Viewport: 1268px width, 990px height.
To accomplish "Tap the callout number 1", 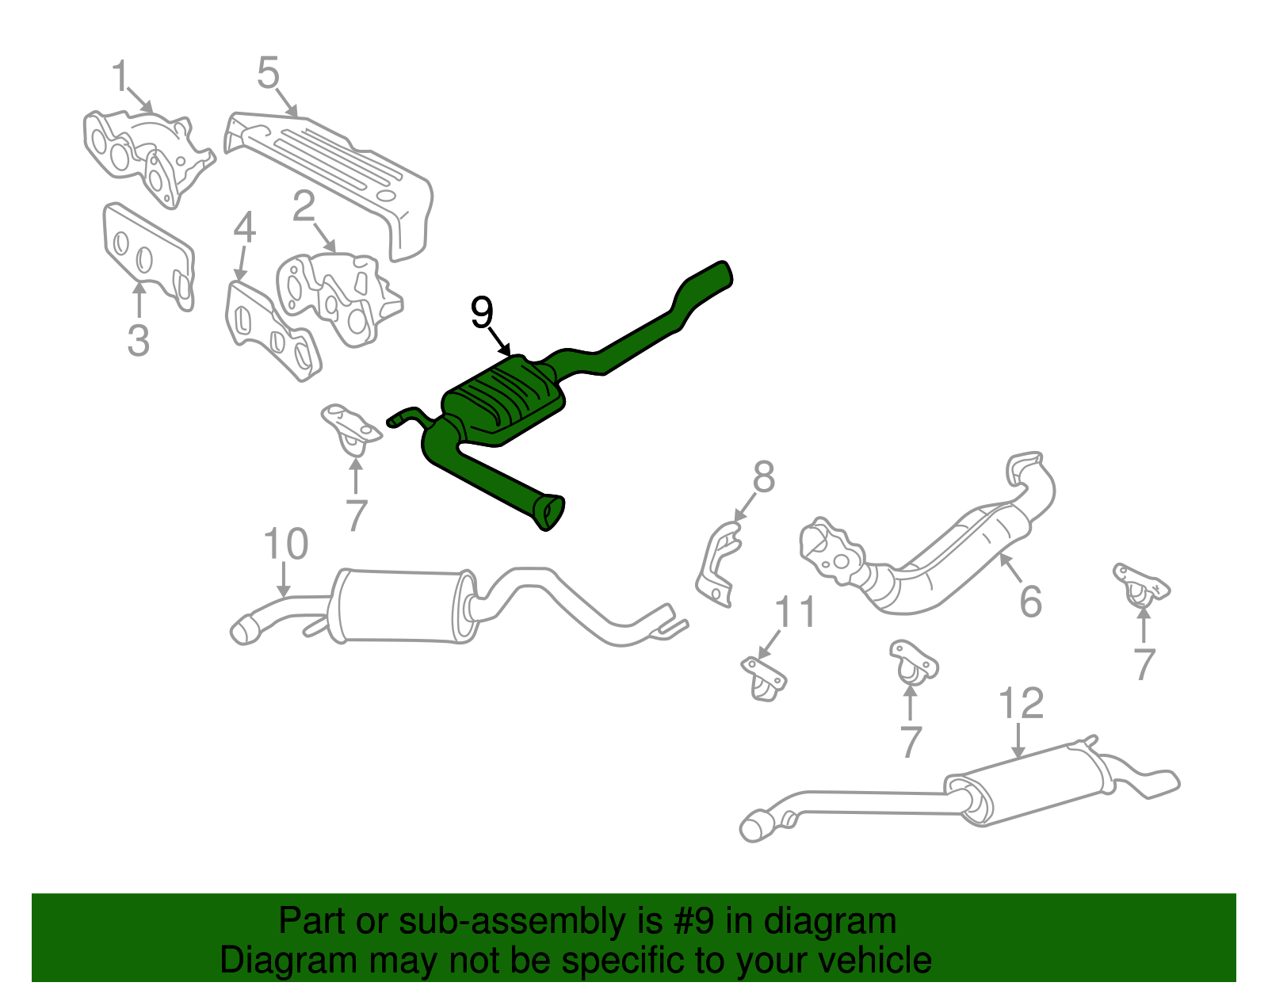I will [x=120, y=77].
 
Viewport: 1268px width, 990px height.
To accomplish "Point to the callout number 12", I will [x=1021, y=702].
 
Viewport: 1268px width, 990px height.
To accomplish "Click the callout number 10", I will [x=285, y=545].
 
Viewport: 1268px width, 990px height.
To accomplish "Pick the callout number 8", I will [x=763, y=478].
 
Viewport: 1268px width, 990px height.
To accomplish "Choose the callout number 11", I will [x=795, y=612].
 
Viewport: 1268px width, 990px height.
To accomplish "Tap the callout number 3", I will [x=138, y=340].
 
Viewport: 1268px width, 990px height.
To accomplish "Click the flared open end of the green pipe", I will [x=549, y=511].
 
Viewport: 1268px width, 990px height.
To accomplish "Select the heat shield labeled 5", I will [x=333, y=174].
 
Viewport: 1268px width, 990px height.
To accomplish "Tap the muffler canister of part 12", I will [x=1030, y=785].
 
